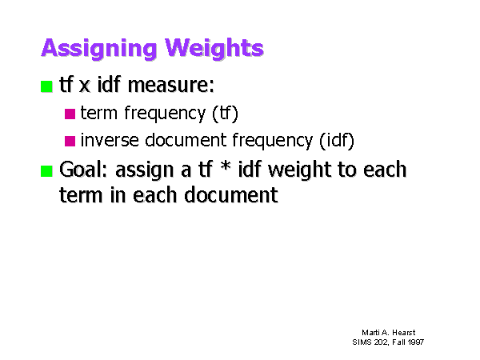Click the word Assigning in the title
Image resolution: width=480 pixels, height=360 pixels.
[x=99, y=48]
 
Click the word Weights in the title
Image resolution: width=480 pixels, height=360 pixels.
[x=214, y=48]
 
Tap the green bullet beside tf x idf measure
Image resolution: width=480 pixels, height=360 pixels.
[x=46, y=86]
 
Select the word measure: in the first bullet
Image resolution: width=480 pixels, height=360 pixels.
[x=171, y=85]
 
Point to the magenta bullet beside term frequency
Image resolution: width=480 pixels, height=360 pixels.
[x=70, y=114]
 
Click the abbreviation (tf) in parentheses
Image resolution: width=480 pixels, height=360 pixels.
[x=225, y=114]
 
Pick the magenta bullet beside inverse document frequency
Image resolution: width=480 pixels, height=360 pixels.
[x=70, y=141]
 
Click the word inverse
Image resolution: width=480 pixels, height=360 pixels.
[x=110, y=140]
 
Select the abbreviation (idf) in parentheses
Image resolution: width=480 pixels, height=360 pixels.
[x=337, y=141]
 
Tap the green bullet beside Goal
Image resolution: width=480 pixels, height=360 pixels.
[x=46, y=171]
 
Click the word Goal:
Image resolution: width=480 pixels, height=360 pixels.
[x=83, y=170]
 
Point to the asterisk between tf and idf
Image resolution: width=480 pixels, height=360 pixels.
[x=226, y=167]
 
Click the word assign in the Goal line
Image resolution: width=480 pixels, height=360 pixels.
[x=145, y=170]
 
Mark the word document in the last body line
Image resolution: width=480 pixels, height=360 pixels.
[x=231, y=195]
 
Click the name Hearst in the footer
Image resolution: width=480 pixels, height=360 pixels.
[x=404, y=333]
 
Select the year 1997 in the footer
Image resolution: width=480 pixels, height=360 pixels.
[x=416, y=342]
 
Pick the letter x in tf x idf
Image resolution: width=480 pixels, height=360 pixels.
[x=85, y=86]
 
